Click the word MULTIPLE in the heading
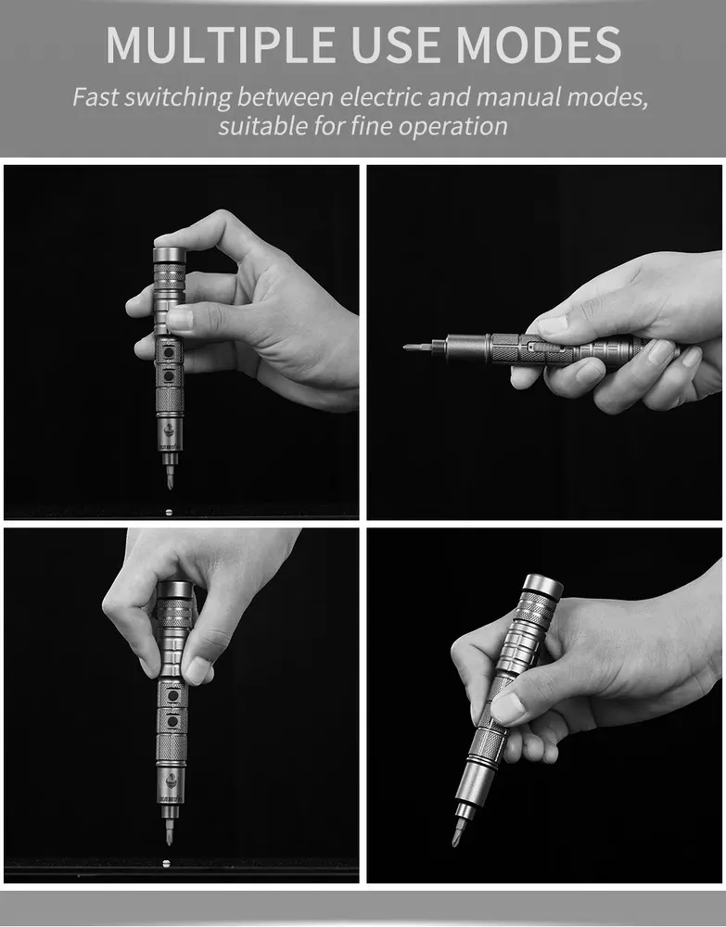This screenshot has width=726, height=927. (221, 44)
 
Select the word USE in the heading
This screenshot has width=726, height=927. (395, 44)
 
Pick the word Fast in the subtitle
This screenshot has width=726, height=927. (95, 96)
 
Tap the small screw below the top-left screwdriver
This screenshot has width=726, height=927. (169, 512)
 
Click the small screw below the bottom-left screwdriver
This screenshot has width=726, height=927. (166, 864)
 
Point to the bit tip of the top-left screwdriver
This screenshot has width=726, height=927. (170, 485)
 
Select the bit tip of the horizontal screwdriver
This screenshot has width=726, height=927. (407, 347)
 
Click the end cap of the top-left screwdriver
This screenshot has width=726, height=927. (170, 255)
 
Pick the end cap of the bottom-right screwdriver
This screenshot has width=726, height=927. (542, 584)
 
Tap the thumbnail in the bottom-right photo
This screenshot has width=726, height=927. (505, 708)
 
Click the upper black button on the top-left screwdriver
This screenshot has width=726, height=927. (169, 353)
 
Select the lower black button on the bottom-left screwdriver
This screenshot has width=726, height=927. (172, 722)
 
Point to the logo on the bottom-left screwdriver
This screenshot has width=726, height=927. (172, 781)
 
